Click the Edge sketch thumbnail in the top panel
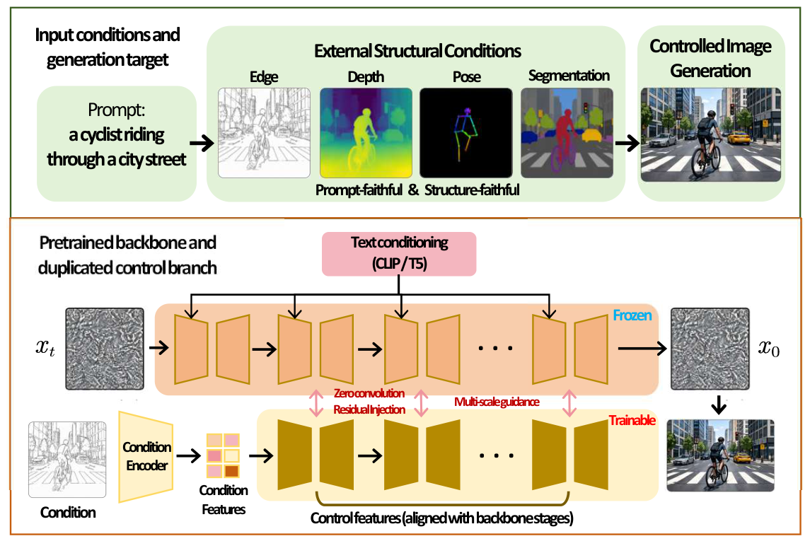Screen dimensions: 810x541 264,133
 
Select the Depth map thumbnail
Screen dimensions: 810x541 366,133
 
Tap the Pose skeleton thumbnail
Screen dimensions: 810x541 466,133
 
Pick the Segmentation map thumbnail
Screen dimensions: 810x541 567,133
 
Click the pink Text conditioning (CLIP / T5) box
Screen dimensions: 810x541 399,253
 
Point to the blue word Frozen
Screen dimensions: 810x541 632,315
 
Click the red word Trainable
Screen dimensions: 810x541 632,420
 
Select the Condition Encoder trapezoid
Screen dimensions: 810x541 146,457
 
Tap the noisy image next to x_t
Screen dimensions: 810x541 105,349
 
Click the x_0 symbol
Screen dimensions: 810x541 769,349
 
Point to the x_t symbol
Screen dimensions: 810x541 45,349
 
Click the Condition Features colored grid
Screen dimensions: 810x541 223,455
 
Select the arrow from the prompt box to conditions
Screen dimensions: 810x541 202,143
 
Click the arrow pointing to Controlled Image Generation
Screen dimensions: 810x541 627,143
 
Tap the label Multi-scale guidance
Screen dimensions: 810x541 497,402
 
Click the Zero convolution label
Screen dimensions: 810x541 369,393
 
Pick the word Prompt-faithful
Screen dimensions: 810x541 359,190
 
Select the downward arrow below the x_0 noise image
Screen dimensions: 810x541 719,405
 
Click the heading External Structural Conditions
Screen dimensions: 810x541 417,51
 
